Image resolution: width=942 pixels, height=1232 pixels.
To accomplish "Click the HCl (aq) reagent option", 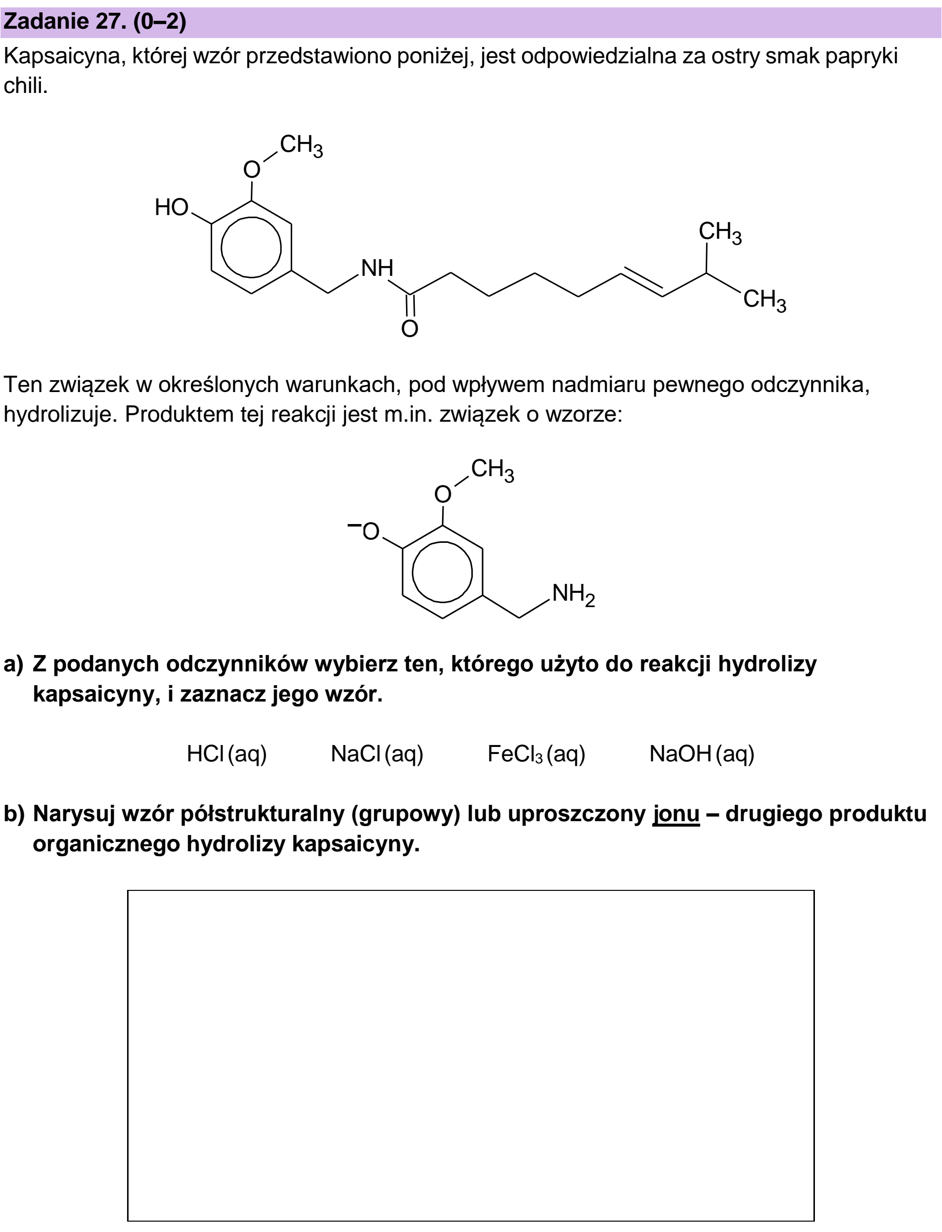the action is (226, 754).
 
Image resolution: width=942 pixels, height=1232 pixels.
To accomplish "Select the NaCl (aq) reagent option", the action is (377, 754).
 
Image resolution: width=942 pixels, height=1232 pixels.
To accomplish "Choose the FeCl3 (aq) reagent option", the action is (537, 754).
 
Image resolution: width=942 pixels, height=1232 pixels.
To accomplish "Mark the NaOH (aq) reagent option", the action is (702, 754).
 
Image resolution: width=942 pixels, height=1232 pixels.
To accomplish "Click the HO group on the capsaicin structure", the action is (172, 207).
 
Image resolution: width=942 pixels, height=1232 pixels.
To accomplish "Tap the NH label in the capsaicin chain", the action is (377, 268).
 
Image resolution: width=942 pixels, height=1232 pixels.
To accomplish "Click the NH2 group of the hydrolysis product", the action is (574, 594).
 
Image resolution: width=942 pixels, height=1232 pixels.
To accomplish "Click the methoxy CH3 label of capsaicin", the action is (301, 146).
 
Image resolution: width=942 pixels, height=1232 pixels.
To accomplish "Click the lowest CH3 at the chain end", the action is (765, 301).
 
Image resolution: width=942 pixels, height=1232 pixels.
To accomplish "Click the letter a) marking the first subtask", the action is (13, 664).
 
